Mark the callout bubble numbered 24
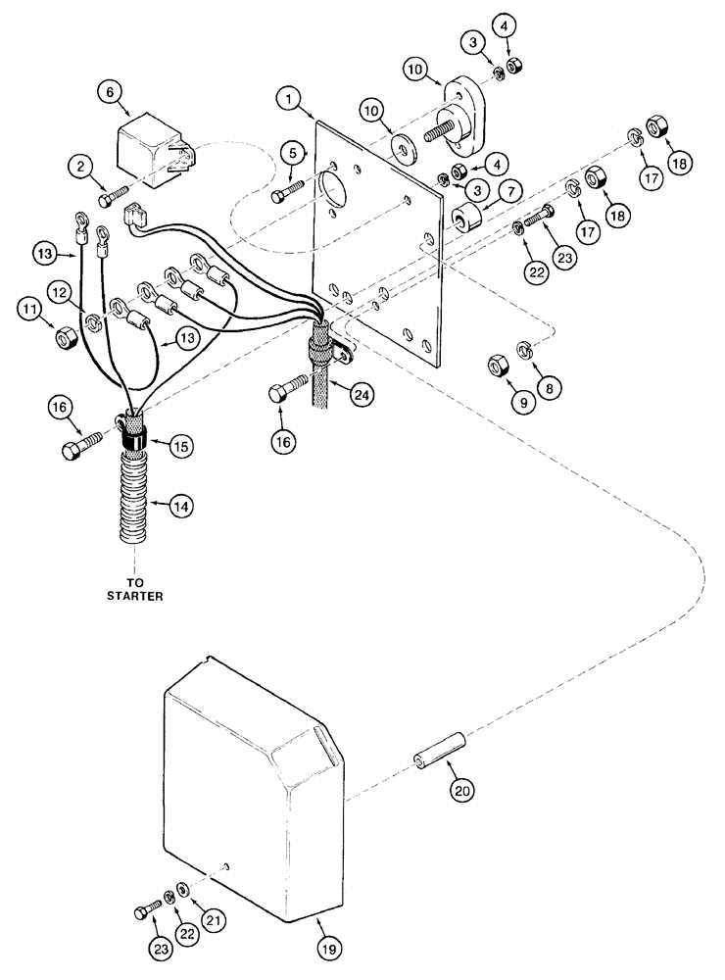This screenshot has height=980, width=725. click(362, 394)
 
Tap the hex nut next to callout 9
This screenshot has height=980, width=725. click(498, 367)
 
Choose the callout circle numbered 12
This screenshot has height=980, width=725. click(59, 291)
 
